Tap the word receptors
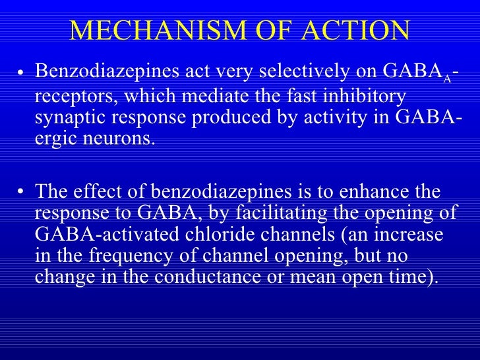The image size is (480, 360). [x=71, y=96]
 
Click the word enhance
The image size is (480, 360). [x=386, y=192]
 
